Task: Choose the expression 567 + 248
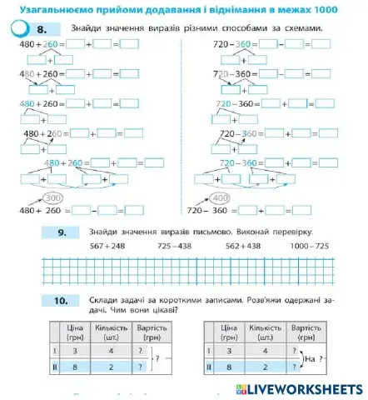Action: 106,247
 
